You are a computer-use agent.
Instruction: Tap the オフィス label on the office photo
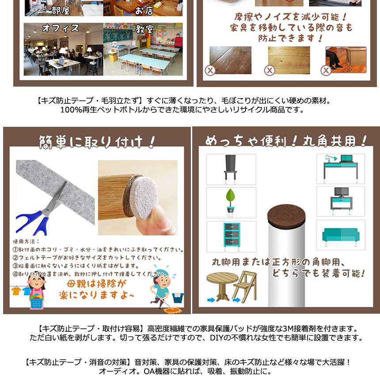pos(61,28)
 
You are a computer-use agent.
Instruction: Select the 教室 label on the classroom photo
pos(144,29)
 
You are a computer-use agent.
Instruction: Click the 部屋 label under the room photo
pos(60,10)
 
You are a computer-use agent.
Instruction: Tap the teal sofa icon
pos(340,235)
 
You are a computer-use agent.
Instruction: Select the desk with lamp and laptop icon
pos(340,168)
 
